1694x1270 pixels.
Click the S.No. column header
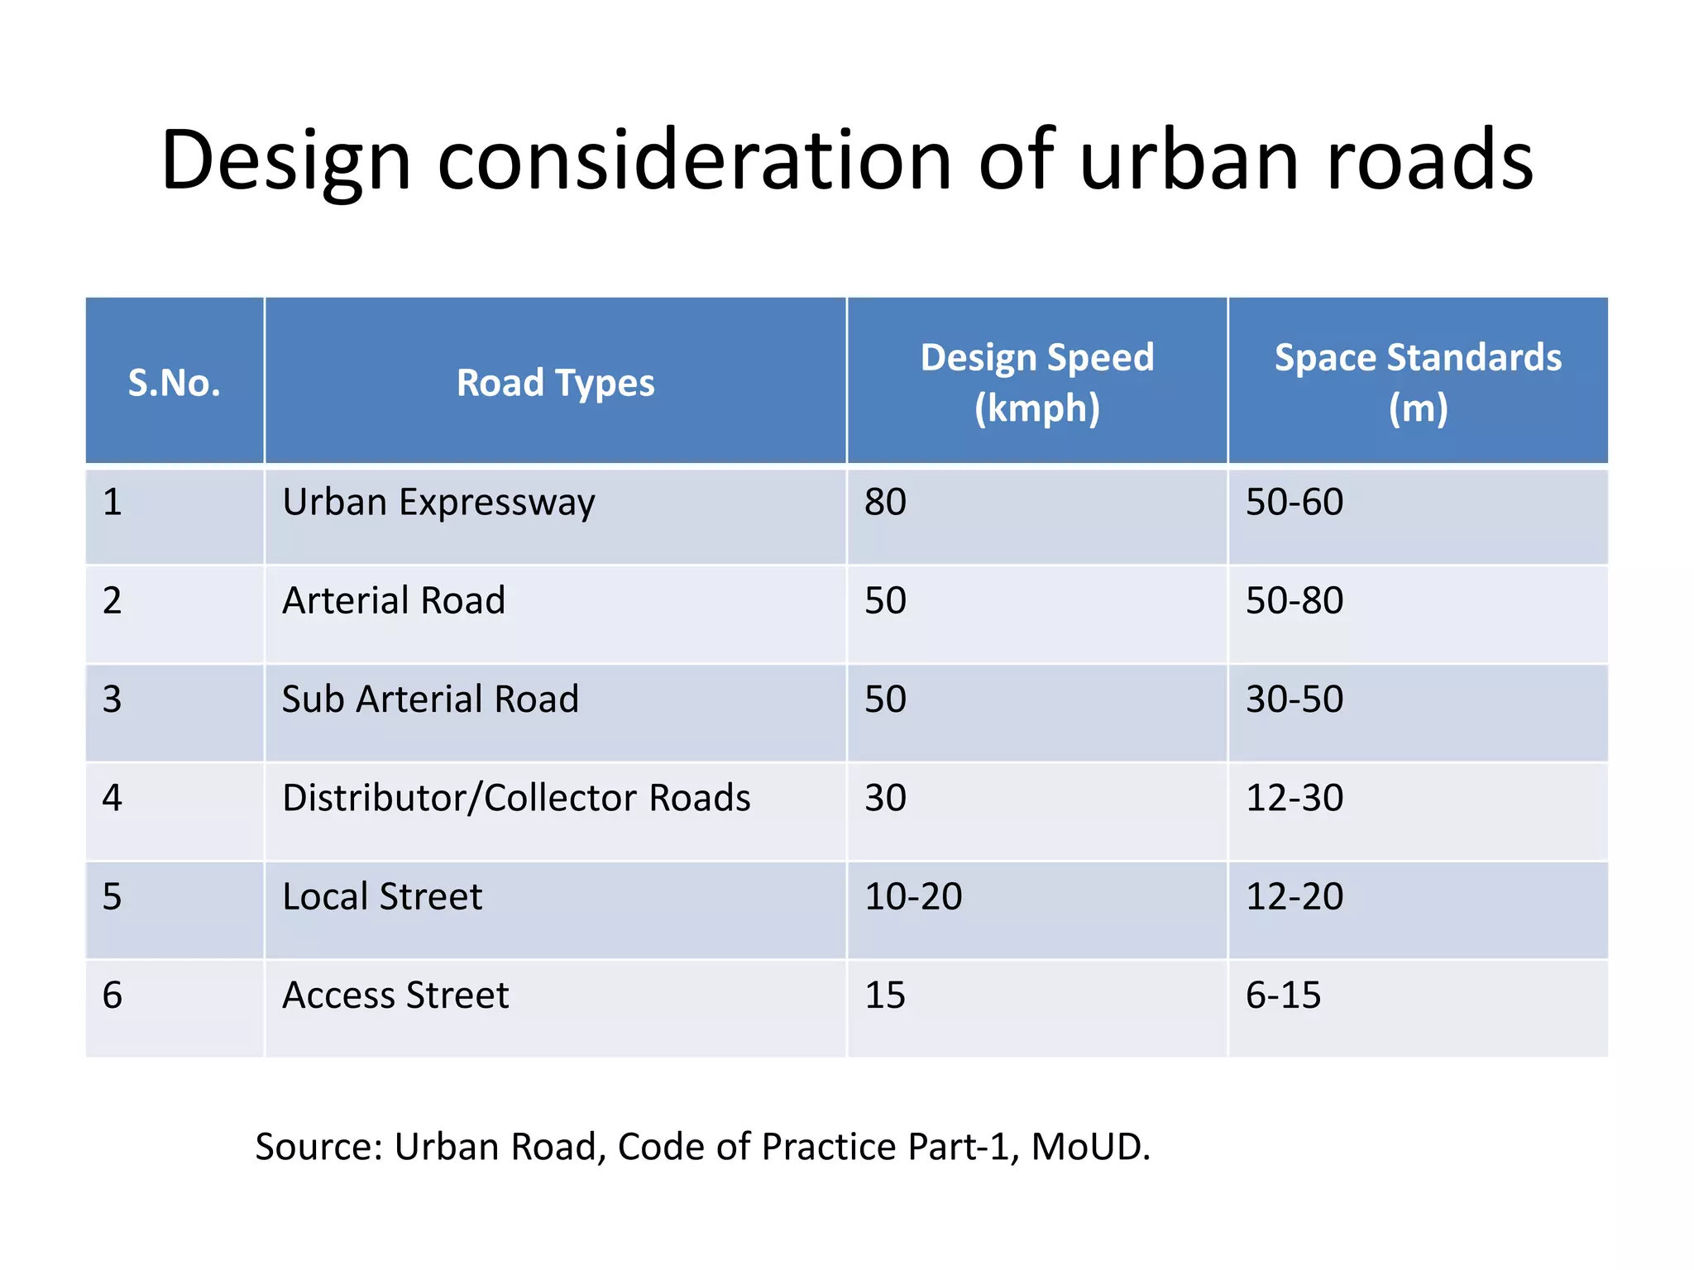pyautogui.click(x=174, y=383)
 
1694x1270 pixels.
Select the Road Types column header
pyautogui.click(x=555, y=383)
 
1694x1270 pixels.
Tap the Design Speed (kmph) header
pyautogui.click(x=1036, y=383)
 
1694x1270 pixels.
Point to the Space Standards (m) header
pyautogui.click(x=1417, y=383)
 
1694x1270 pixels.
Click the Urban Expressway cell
pyautogui.click(x=438, y=503)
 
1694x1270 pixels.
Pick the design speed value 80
pyautogui.click(x=885, y=503)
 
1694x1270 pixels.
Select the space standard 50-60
pyautogui.click(x=1294, y=503)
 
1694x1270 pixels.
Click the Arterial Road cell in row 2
pyautogui.click(x=394, y=601)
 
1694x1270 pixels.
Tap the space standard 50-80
pyautogui.click(x=1294, y=601)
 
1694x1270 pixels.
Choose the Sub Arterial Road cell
pyautogui.click(x=430, y=699)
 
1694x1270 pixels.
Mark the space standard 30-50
pyautogui.click(x=1294, y=699)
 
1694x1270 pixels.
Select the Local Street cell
pyautogui.click(x=382, y=897)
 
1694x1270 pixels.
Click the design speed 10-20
pyautogui.click(x=913, y=897)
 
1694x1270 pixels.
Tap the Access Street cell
pyautogui.click(x=395, y=995)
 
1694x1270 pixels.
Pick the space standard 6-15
pyautogui.click(x=1283, y=995)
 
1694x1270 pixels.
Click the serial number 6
pyautogui.click(x=112, y=995)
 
